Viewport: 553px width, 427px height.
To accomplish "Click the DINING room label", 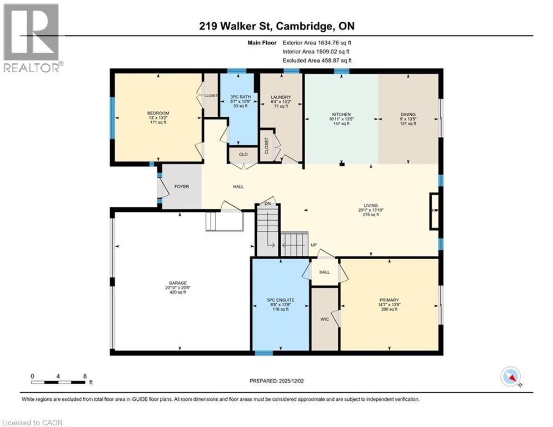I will pyautogui.click(x=407, y=115).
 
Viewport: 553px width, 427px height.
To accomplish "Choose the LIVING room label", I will pyautogui.click(x=370, y=205).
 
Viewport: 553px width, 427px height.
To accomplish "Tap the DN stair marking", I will pyautogui.click(x=268, y=203).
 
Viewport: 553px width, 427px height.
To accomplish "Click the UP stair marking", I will pyautogui.click(x=313, y=245).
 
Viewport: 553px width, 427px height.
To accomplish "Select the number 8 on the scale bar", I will pyautogui.click(x=84, y=376).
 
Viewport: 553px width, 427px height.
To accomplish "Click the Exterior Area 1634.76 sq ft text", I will pyautogui.click(x=317, y=42).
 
